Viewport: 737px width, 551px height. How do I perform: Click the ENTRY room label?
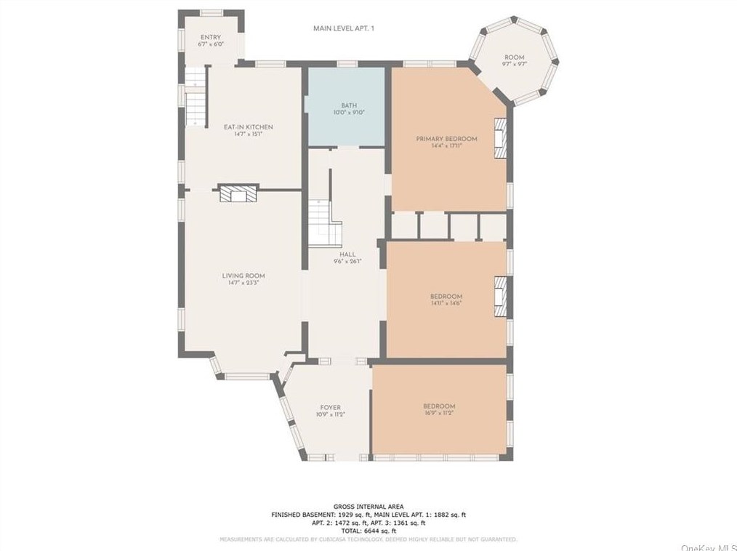click(210, 37)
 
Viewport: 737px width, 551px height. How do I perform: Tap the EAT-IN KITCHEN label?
click(248, 127)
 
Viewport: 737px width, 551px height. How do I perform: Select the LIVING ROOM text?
click(243, 275)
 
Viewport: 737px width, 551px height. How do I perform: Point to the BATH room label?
click(349, 105)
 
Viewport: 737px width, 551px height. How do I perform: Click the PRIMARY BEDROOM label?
click(446, 138)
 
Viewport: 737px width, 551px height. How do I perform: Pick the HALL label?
click(347, 254)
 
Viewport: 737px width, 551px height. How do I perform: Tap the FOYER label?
click(331, 407)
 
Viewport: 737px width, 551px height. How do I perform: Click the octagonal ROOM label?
click(514, 57)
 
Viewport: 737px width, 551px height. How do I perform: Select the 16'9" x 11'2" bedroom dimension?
click(439, 413)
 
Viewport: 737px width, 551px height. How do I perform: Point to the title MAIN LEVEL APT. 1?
click(343, 28)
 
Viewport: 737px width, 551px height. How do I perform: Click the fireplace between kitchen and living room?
click(238, 193)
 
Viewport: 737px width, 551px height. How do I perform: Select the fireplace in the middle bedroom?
click(500, 296)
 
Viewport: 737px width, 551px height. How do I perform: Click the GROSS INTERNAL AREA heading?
click(368, 507)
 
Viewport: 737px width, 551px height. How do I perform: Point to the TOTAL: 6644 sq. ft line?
click(368, 531)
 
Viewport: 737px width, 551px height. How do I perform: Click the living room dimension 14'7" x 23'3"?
click(243, 283)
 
